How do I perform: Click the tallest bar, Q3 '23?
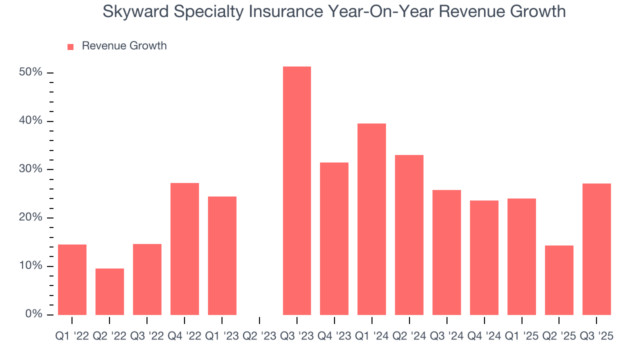[296, 190]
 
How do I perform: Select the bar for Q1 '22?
[72, 279]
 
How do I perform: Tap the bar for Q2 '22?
[109, 291]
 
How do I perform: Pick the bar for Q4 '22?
[184, 248]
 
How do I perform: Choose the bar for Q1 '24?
[371, 219]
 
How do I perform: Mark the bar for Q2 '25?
[559, 280]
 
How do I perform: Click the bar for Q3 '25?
[596, 249]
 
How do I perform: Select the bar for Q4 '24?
[484, 257]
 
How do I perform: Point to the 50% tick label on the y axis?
[30, 72]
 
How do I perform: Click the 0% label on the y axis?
[33, 314]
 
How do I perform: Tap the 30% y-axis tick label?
[30, 169]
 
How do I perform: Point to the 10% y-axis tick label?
[30, 266]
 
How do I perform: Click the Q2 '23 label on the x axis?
[259, 336]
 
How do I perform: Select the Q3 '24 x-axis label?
[446, 336]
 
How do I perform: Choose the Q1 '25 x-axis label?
[521, 336]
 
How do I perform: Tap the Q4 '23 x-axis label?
[334, 336]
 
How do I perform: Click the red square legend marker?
[70, 46]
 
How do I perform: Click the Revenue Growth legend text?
[124, 46]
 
